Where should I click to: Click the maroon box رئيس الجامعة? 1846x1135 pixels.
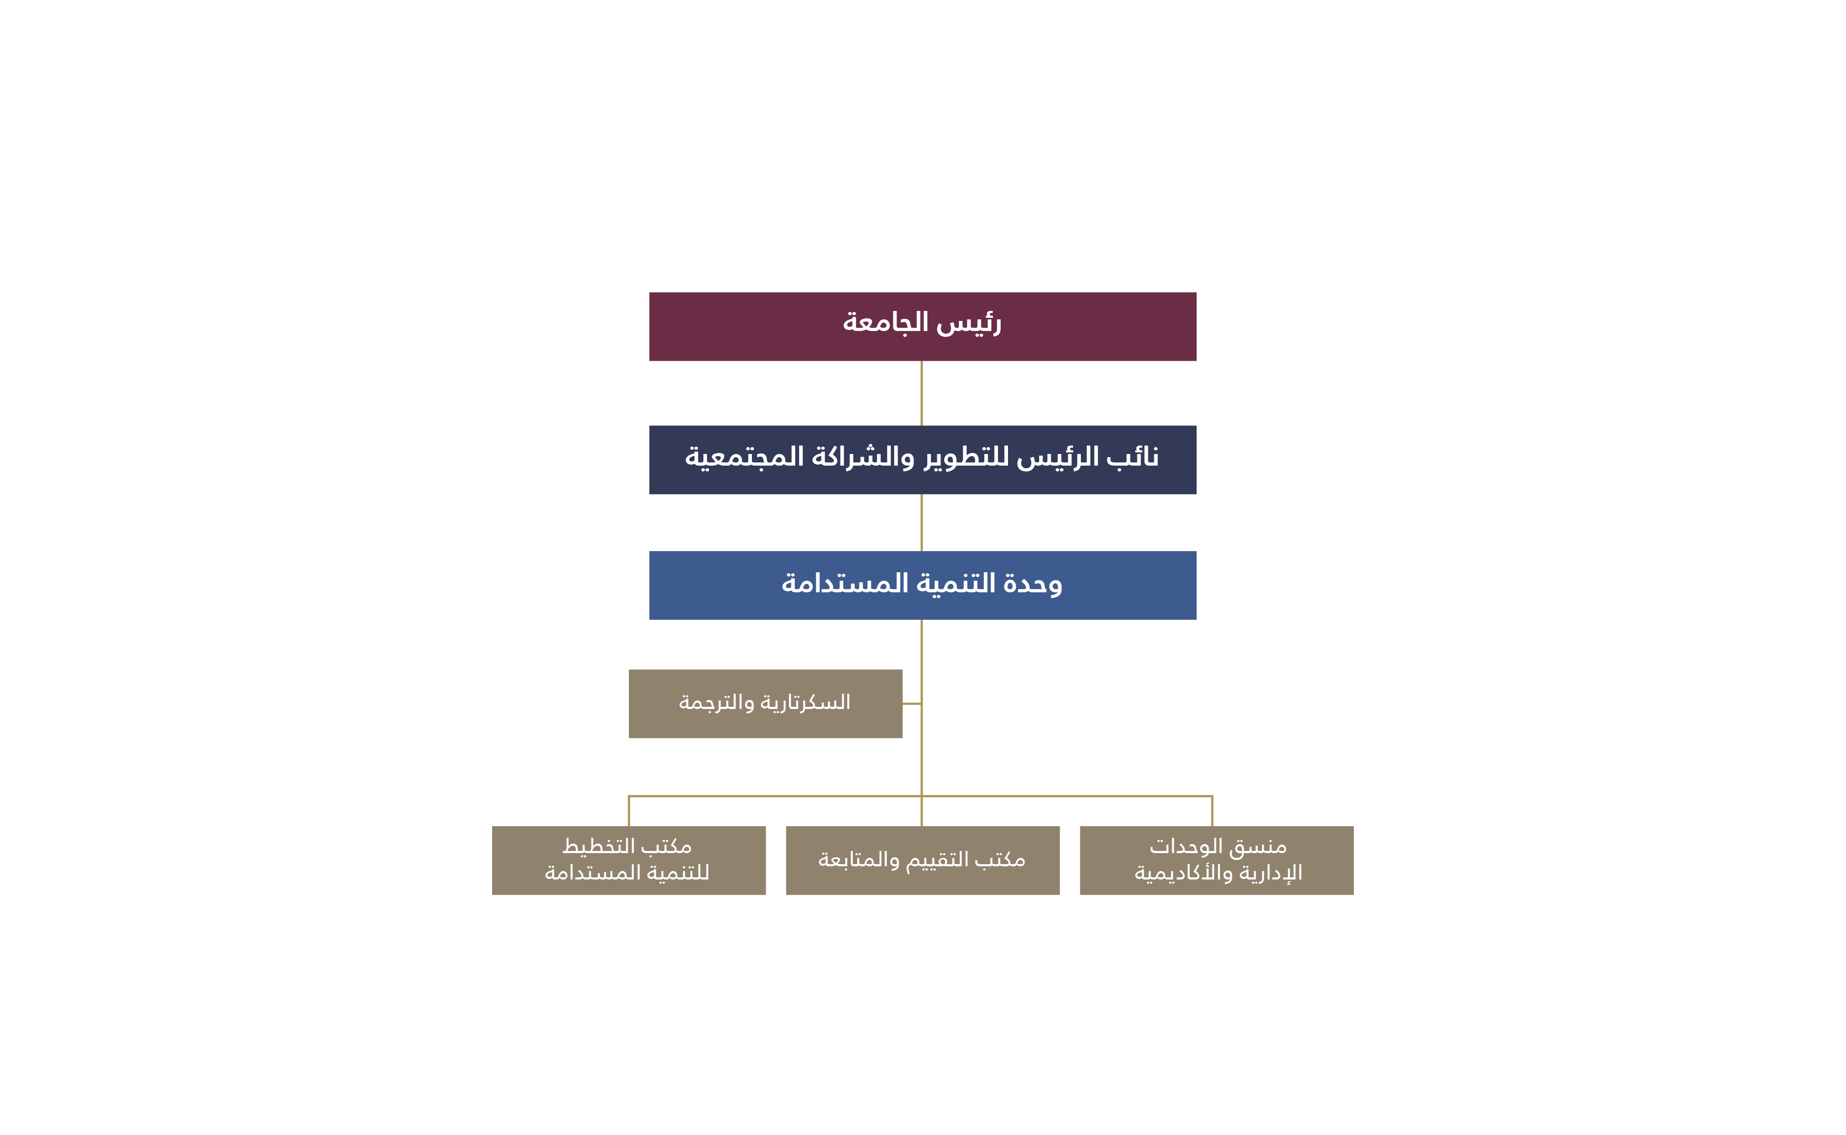tap(922, 327)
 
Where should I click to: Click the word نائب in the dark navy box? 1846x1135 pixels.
tap(1132, 457)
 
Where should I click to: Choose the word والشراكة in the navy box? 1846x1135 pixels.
tap(863, 457)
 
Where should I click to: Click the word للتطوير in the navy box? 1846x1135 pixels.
tap(966, 457)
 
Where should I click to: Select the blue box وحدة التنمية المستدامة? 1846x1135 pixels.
tap(922, 585)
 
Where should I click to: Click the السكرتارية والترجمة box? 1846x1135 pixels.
tap(765, 704)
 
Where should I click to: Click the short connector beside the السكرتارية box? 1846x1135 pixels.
tap(911, 704)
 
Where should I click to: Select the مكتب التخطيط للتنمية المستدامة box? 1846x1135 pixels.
tap(628, 860)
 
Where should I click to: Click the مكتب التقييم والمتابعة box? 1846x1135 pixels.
tap(922, 860)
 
